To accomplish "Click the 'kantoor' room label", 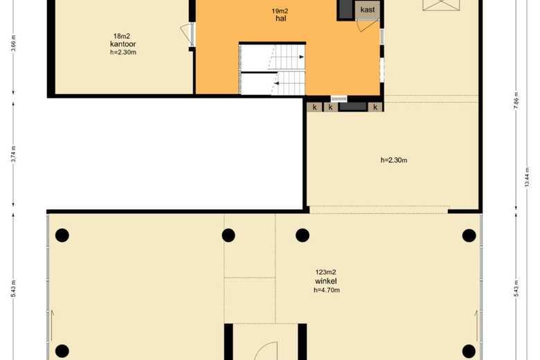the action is tap(123, 44).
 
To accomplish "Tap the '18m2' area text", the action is tap(122, 36).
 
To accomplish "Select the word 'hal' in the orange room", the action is tap(280, 18).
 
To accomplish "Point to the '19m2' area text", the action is tap(280, 10).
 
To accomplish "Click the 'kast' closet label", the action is tap(368, 10).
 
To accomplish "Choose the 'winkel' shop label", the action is tap(326, 281).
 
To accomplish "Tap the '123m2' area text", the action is tap(325, 272).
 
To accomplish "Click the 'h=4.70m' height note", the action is tap(327, 290).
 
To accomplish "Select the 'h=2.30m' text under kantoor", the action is tap(123, 53).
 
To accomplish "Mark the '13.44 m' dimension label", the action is tap(527, 177).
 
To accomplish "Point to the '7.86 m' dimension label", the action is tap(516, 100).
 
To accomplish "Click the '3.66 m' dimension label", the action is tap(13, 44).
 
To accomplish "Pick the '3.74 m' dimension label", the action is tap(13, 154).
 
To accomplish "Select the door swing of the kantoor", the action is tap(186, 33).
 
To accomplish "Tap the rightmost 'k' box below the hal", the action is tap(375, 107).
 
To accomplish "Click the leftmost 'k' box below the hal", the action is tap(314, 107).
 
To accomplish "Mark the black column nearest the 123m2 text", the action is tap(303, 235).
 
